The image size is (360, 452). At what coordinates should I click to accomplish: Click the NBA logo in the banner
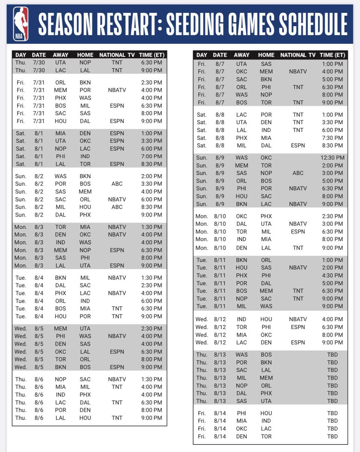(21, 24)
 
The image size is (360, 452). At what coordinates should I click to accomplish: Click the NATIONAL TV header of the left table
(117, 55)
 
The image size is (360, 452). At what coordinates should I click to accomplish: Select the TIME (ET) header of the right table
(332, 55)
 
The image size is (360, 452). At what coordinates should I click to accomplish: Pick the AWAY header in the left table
(60, 55)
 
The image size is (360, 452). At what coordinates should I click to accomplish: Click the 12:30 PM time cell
(332, 158)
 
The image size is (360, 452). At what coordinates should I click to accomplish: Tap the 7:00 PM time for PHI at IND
(152, 156)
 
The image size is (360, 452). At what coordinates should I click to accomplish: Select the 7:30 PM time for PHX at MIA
(332, 138)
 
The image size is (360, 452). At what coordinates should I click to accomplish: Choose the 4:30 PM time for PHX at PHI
(332, 275)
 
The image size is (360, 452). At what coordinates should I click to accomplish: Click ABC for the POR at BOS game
(117, 184)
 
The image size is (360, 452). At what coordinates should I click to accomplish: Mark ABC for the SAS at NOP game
(298, 173)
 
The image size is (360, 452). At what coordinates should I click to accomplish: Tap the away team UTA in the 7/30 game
(60, 62)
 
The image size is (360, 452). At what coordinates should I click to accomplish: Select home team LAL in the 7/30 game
(85, 70)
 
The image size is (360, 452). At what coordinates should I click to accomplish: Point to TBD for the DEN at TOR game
(332, 436)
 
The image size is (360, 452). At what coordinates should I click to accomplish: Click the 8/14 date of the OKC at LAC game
(220, 429)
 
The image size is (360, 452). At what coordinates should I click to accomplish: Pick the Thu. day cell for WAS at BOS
(202, 355)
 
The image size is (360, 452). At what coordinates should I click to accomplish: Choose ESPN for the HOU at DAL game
(117, 121)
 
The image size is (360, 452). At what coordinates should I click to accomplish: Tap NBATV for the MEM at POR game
(117, 90)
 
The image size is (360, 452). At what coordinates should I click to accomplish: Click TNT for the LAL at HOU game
(117, 418)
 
